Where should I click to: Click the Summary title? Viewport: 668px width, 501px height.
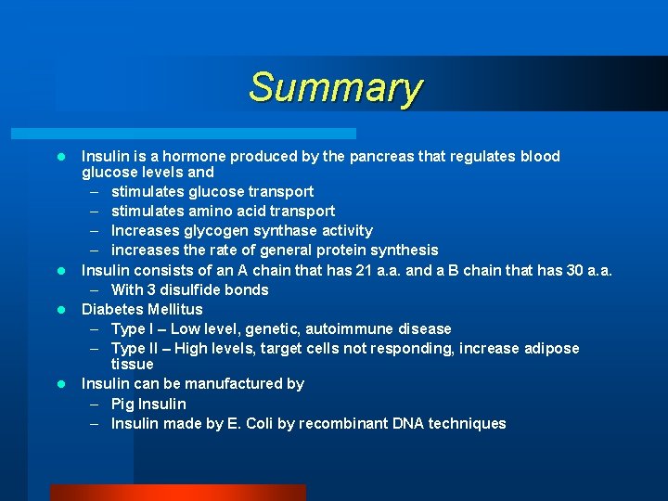point(335,88)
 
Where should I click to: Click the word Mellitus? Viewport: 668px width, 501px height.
point(173,309)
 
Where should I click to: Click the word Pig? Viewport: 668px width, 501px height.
point(122,404)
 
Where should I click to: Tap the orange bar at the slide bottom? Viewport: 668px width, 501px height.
point(177,493)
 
